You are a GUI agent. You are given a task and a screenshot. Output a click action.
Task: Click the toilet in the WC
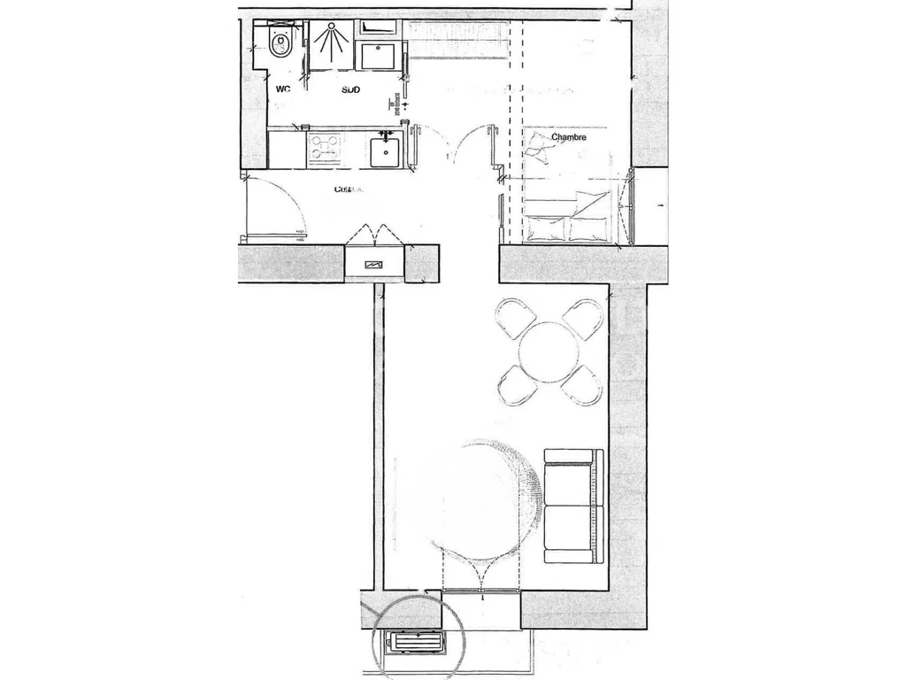(282, 43)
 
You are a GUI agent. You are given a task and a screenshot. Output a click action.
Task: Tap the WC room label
(283, 89)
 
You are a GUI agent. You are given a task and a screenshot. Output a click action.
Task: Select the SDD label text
(351, 89)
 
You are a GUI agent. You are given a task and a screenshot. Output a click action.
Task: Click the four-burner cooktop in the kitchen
(324, 148)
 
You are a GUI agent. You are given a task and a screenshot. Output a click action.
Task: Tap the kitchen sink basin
(386, 151)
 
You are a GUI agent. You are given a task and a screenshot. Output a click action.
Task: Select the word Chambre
(569, 137)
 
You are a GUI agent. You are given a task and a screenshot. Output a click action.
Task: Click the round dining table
(549, 348)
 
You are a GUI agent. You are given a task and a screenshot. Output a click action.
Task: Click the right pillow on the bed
(588, 228)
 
